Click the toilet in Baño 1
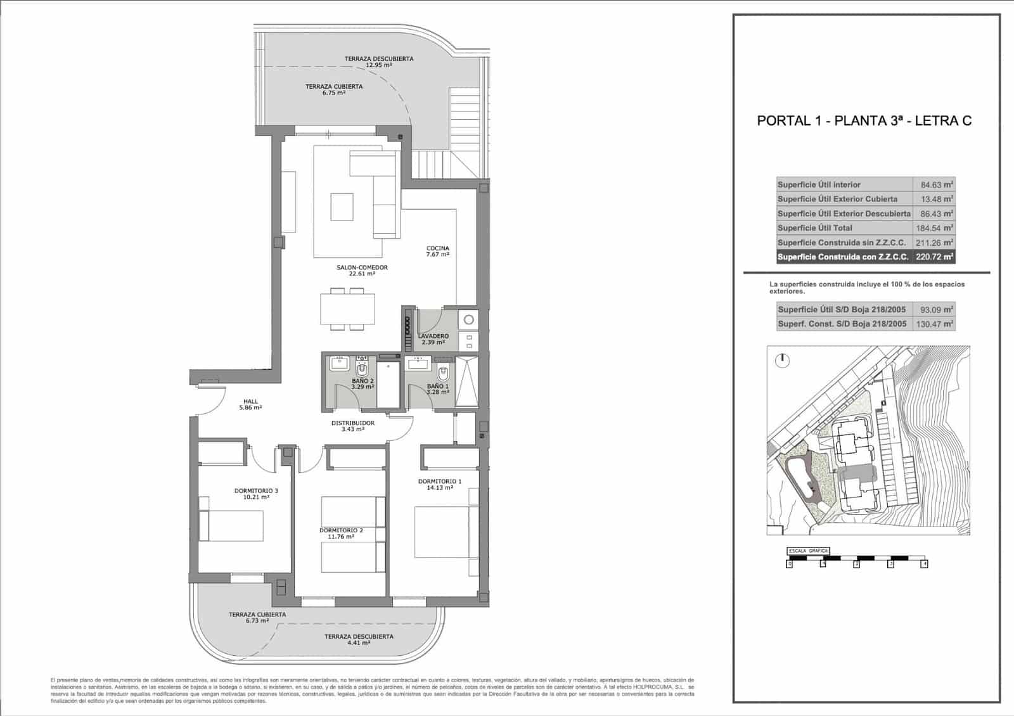443,374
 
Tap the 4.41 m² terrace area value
359,642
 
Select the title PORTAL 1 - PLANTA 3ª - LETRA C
864,121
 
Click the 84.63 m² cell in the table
936,185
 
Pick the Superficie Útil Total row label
815,228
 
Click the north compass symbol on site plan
783,361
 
